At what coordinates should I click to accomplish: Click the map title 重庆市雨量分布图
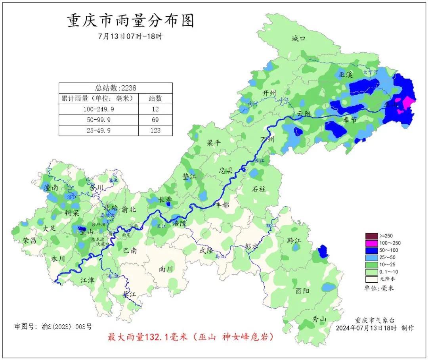click(131, 21)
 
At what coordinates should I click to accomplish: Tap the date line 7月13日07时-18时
click(130, 36)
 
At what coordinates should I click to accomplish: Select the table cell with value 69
click(155, 120)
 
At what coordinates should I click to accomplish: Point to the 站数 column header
click(155, 98)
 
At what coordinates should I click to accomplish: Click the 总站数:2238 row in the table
click(115, 88)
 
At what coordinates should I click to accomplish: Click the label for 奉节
click(350, 120)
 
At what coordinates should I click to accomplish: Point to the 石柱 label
click(259, 189)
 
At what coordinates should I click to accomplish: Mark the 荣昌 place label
click(30, 240)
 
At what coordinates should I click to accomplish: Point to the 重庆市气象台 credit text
click(374, 320)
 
